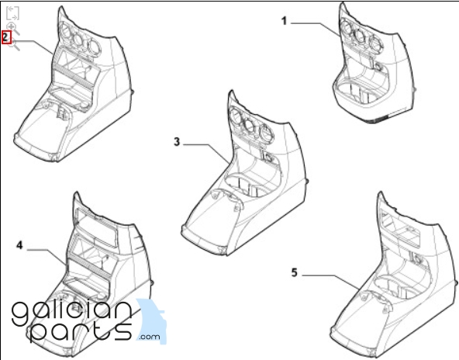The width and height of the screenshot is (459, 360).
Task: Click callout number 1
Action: pos(285,21)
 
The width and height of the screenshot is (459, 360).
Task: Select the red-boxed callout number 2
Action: pos(6,37)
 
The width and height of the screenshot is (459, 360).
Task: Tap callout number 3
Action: pos(177,142)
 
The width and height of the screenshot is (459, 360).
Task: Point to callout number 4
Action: pos(19,245)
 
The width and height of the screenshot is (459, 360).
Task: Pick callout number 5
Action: pos(295,272)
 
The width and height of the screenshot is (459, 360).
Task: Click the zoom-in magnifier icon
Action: pos(13,28)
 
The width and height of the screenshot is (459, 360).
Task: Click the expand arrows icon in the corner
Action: pos(12,13)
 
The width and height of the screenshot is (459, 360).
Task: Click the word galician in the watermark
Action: pos(71,312)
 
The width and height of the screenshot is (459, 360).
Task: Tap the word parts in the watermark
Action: pos(81,332)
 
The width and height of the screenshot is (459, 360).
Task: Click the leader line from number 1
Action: pos(316,29)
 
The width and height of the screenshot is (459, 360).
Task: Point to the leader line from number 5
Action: pos(332,282)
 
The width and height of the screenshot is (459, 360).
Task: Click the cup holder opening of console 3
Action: pos(247,185)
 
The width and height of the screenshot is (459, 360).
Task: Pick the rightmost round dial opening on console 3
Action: pos(266,133)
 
